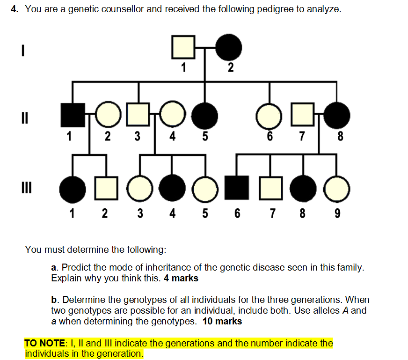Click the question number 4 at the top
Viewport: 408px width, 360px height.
[15, 9]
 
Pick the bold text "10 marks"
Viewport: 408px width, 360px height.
[223, 322]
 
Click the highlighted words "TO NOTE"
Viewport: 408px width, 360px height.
[42, 343]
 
